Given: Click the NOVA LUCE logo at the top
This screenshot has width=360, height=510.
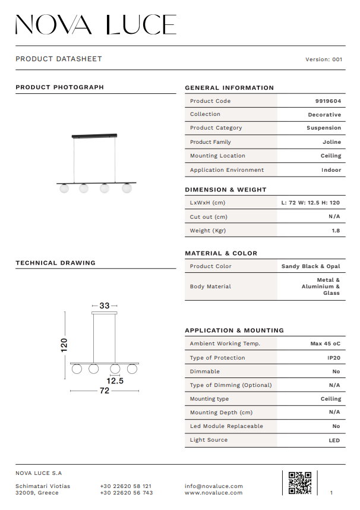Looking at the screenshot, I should [x=96, y=24].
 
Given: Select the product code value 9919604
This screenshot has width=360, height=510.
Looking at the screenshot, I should [x=328, y=101].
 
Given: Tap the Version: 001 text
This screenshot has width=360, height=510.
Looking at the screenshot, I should [x=324, y=59].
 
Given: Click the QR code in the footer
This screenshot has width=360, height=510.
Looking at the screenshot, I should [x=299, y=483].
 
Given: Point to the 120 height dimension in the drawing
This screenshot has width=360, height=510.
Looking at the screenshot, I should [x=64, y=345].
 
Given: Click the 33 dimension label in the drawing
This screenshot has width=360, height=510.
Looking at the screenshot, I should [x=105, y=306].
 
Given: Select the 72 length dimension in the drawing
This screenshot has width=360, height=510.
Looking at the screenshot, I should [x=105, y=391].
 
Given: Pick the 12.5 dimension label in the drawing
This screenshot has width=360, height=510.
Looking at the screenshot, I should [x=115, y=381].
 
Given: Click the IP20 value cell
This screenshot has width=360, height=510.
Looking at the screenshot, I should [x=333, y=358].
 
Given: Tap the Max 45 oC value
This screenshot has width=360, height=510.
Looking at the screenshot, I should [x=325, y=344].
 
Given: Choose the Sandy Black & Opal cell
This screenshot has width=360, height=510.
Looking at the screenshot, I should [x=311, y=266].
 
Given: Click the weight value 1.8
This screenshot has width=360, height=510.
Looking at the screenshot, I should [x=336, y=231].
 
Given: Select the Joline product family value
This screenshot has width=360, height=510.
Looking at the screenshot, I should [x=331, y=142].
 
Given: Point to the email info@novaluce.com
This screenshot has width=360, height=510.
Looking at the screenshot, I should [x=214, y=486].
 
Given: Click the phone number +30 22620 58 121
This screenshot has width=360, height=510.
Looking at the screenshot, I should [x=126, y=486].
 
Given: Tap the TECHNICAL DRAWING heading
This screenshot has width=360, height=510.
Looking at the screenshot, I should [x=55, y=263].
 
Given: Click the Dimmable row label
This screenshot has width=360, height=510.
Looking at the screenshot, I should [x=205, y=372].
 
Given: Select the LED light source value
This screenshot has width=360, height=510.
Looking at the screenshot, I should [x=334, y=440].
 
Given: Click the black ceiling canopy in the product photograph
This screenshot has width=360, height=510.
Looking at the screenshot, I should [x=94, y=136].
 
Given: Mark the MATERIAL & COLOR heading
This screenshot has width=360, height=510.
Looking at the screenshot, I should [x=221, y=253].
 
